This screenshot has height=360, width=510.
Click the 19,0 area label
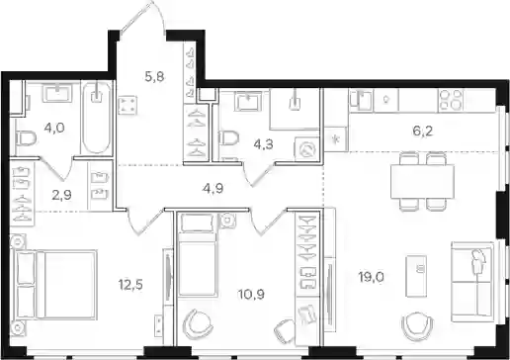[x=372, y=278]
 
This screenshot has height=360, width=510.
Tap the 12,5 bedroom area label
[x=130, y=284]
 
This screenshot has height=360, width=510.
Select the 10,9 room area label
[x=252, y=294]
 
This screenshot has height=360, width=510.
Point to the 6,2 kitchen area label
[x=423, y=132]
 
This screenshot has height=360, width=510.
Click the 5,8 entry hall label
[x=154, y=77]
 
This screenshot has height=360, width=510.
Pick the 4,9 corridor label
[x=213, y=189]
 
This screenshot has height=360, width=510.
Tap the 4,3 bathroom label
[x=264, y=144]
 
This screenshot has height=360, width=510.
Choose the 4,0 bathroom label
[x=54, y=128]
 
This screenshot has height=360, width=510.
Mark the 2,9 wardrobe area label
[x=61, y=195]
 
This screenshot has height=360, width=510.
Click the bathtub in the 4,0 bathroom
[x=96, y=118]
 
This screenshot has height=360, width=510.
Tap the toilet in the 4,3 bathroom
[x=228, y=137]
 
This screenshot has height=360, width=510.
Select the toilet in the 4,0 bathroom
[x=26, y=138]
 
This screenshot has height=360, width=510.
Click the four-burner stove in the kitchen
[x=451, y=99]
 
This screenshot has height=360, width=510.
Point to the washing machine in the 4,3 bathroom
[x=307, y=149]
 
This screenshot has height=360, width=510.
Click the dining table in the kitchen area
[x=423, y=182]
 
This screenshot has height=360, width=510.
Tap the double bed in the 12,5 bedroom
[x=55, y=285]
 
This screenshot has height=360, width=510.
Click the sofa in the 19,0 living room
[x=473, y=282]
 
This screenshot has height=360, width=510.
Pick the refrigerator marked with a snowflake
[x=336, y=139]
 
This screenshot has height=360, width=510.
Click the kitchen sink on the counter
[x=362, y=101]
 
